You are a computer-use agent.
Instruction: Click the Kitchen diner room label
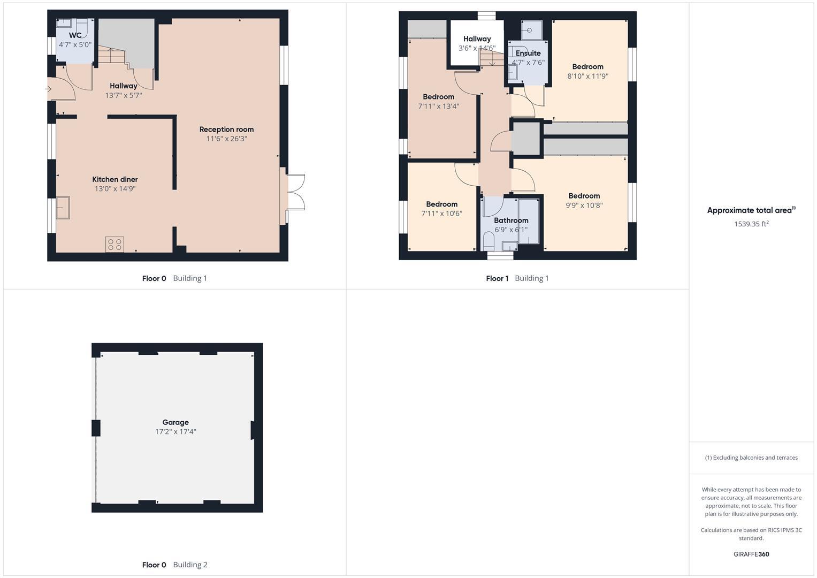pos(115,179)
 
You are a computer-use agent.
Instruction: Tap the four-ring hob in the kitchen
pos(115,245)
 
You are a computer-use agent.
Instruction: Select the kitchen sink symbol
pos(63,208)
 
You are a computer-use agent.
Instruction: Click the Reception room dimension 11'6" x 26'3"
pos(226,139)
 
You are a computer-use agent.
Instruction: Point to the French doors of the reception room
pos(293,192)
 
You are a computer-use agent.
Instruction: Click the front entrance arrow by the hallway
pos(49,89)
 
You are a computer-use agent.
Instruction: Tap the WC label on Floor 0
pos(75,35)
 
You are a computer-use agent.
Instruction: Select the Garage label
pos(175,422)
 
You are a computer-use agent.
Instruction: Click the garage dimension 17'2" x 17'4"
pos(175,431)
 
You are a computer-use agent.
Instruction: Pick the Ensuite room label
pos(528,53)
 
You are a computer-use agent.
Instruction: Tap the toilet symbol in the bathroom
pos(488,240)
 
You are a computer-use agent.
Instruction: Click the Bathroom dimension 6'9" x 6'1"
pos(511,230)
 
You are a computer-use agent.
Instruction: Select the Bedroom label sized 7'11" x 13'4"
pos(438,97)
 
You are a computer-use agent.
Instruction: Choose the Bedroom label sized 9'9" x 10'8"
pos(584,196)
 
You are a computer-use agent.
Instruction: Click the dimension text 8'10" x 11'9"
pos(587,76)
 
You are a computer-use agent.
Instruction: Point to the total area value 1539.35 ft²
pos(751,224)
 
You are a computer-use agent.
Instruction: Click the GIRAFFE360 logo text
pos(751,554)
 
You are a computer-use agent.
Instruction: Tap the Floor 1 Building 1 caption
pos(517,278)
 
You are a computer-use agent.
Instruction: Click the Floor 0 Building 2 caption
pos(174,565)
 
